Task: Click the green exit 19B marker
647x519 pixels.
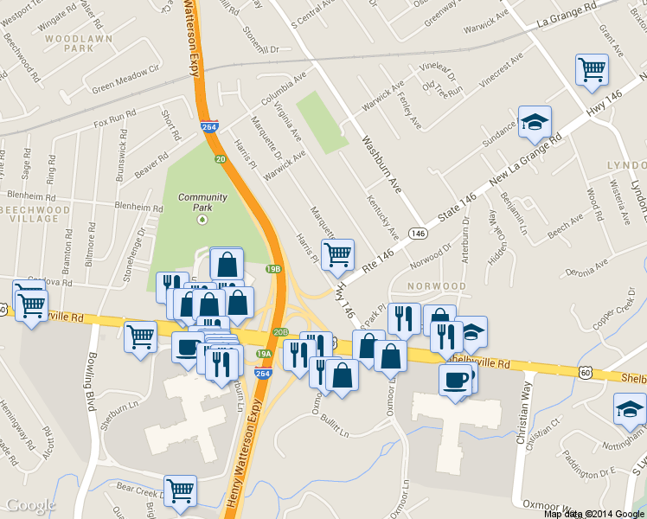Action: point(274,269)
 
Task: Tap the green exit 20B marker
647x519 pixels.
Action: point(280,331)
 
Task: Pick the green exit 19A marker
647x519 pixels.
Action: point(264,353)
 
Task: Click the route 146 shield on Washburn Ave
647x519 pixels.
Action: point(418,234)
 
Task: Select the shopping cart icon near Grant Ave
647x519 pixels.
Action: point(593,70)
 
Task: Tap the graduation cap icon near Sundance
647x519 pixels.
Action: point(535,122)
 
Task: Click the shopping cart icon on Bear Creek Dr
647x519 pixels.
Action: point(180,490)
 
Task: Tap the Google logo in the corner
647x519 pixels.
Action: point(31,505)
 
